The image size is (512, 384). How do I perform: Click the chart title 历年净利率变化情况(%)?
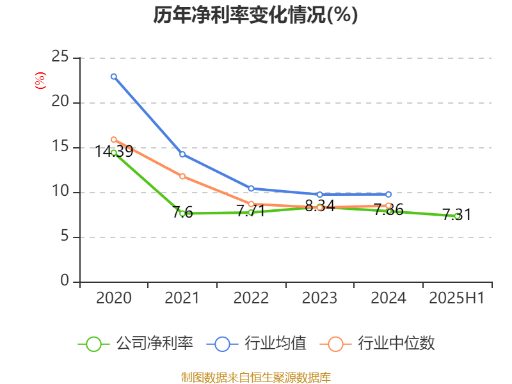(255, 15)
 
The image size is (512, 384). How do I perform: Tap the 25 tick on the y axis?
(61, 58)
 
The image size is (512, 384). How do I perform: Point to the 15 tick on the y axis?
(61, 147)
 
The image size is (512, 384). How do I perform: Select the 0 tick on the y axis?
(65, 282)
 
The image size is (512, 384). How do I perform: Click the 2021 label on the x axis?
(182, 298)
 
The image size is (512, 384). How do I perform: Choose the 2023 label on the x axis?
(319, 298)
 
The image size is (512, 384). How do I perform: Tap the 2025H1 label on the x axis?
(457, 298)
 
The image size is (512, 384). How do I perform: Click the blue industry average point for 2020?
(114, 76)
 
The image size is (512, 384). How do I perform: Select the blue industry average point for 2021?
(182, 154)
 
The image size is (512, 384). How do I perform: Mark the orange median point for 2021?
(182, 176)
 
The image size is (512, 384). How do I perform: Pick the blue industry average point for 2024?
(388, 194)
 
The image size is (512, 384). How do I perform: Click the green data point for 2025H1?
(457, 216)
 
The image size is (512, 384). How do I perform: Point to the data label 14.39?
(114, 152)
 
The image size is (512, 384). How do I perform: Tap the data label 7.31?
(456, 215)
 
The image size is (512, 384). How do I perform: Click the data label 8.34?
(319, 206)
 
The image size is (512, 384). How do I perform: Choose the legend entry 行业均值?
(256, 344)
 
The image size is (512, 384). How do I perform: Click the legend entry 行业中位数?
(381, 344)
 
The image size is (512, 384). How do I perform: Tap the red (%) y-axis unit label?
(40, 81)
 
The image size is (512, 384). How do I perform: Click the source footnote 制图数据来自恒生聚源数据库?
(255, 377)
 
